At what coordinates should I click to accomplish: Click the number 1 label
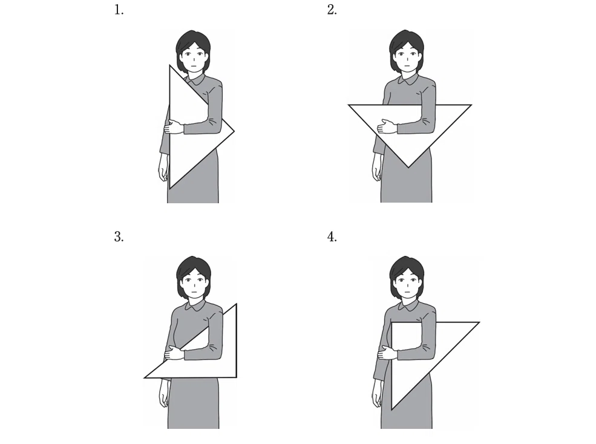119,10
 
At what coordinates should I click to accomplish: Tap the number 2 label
332,10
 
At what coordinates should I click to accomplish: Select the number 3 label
119,237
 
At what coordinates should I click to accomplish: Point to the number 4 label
332,237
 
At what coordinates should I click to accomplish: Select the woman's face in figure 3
194,284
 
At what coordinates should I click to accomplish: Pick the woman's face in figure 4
407,284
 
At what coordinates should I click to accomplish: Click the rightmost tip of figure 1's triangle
234,131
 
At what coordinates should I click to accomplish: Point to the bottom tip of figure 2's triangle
408,168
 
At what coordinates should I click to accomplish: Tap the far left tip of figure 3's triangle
145,378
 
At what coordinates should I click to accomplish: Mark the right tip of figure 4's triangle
479,322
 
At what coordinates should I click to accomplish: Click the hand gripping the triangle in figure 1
174,127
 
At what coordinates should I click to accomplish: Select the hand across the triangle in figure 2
387,126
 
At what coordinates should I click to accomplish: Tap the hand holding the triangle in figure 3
174,353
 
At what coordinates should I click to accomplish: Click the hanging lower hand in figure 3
163,394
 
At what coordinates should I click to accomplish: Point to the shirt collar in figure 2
407,79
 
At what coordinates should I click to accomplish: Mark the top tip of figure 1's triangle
169,65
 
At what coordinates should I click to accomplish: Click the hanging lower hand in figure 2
377,168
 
